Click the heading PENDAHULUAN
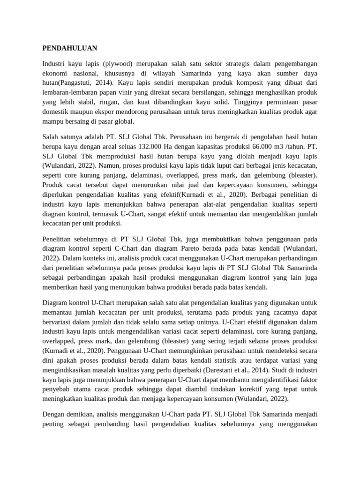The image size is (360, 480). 70,47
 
